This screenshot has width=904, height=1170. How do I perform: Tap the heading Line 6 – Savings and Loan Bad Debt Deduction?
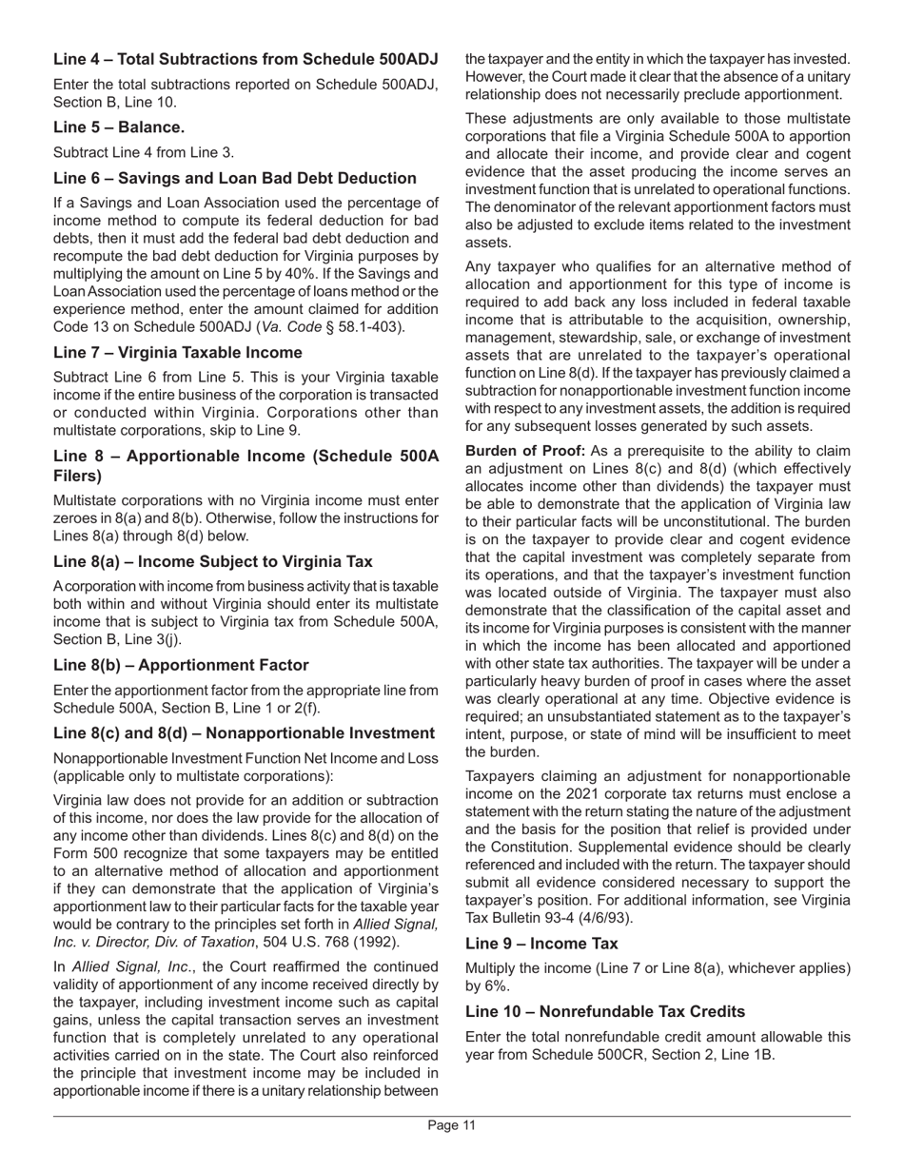click(x=234, y=178)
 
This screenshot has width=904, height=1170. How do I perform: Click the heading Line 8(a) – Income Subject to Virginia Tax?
click(x=212, y=561)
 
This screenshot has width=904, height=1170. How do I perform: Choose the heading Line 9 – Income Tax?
click(x=541, y=944)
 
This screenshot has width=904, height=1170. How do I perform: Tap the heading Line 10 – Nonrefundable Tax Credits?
click(x=605, y=1011)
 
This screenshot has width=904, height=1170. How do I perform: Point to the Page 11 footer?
click(x=451, y=1126)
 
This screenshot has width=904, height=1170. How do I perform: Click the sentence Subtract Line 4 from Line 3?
click(x=144, y=152)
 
